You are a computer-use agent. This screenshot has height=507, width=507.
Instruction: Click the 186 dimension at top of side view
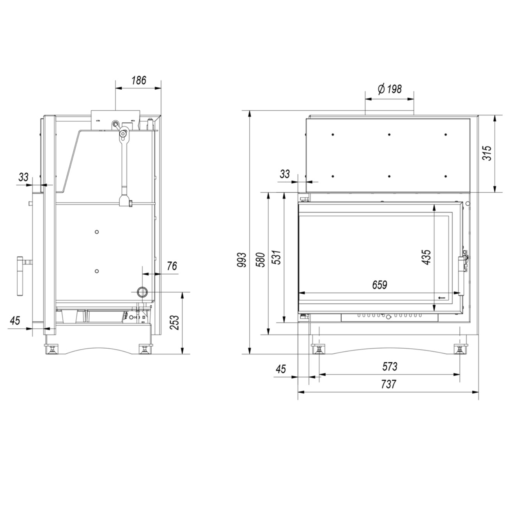point(138,80)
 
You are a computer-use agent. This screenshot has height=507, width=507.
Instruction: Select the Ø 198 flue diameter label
point(390,89)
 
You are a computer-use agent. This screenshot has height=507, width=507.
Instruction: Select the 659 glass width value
point(379,285)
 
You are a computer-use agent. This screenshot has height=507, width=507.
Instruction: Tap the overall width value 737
point(388,384)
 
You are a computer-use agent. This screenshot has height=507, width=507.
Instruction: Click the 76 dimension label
point(172,266)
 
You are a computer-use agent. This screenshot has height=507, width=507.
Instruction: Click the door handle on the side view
point(20,275)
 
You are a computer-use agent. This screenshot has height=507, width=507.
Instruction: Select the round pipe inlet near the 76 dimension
point(142,292)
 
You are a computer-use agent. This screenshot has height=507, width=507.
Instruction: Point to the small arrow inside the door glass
point(441,298)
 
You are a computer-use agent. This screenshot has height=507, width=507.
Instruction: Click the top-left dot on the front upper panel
point(333,135)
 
